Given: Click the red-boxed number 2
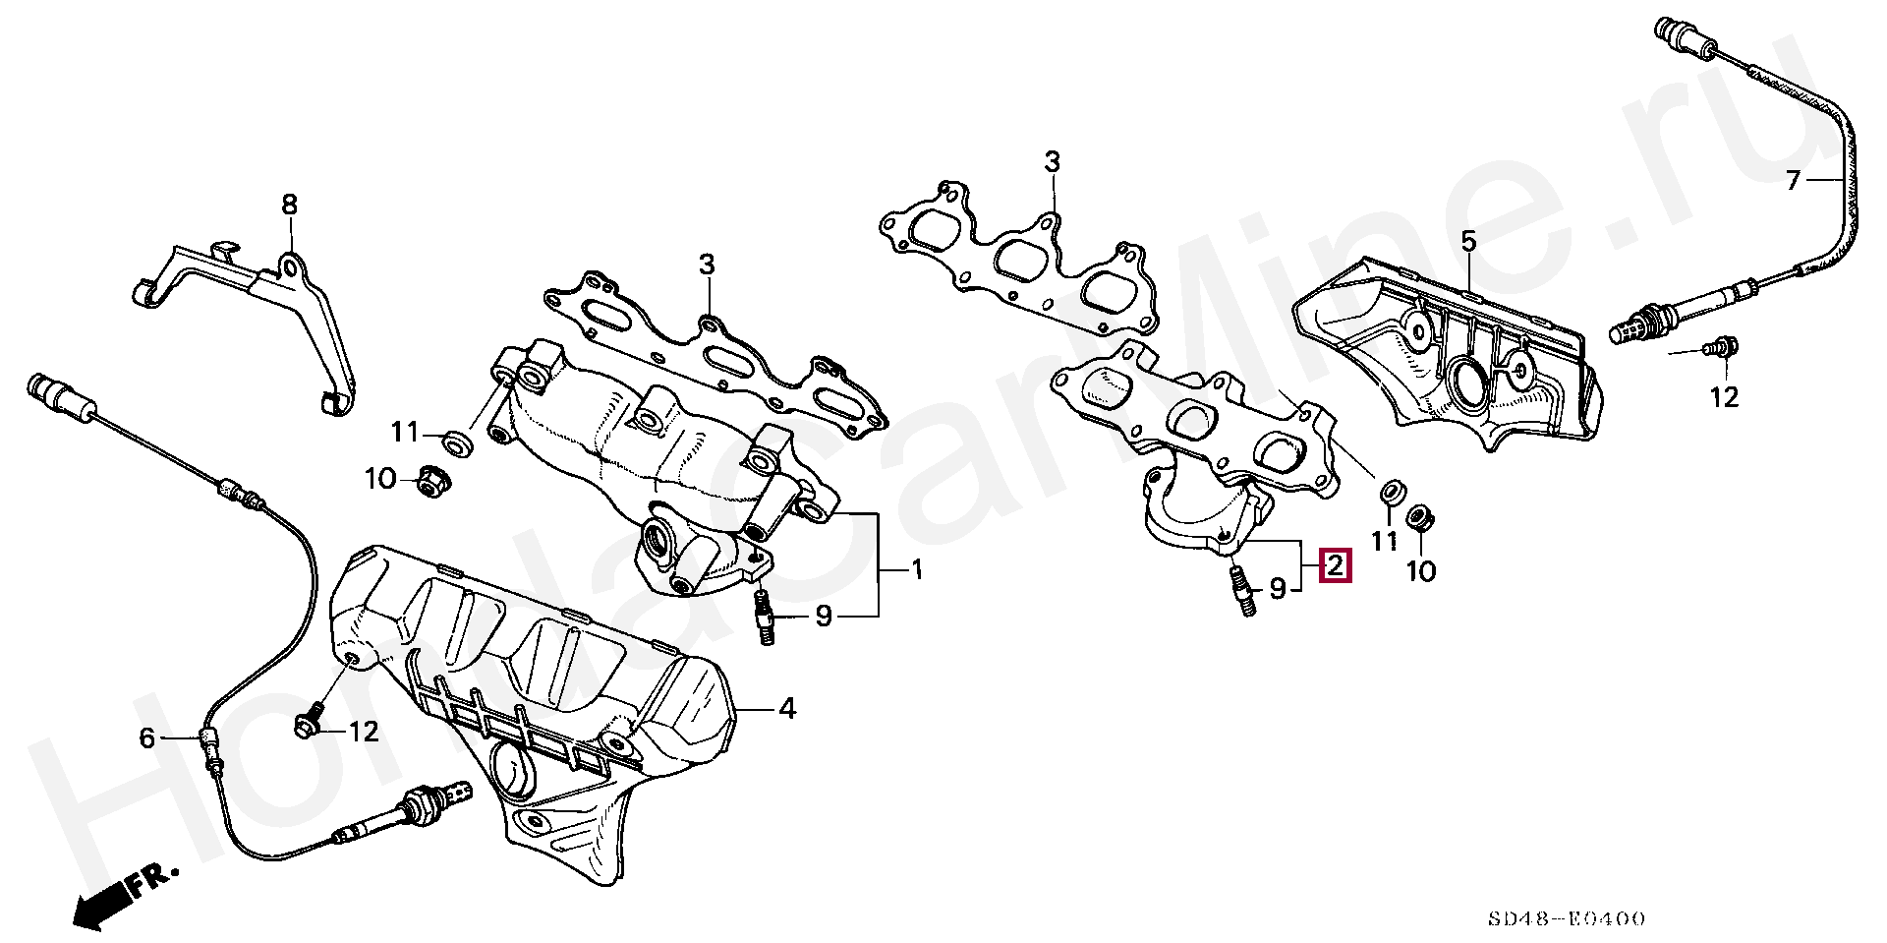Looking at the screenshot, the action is pos(1336,566).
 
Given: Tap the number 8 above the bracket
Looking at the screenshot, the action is pos(289,205).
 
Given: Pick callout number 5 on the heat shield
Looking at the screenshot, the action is pos(1468,241).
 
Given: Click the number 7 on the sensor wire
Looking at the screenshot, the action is pos(1793,180).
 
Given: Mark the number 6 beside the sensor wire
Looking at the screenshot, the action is pos(147,737).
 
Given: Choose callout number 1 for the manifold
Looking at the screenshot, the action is pos(916,569).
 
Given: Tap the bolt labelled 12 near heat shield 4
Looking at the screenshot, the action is pos(309,722).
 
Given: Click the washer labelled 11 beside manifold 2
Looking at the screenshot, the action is pos(1390,492).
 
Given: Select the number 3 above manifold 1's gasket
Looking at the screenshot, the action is pos(707,265).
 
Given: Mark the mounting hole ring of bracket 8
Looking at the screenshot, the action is pos(290,264).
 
